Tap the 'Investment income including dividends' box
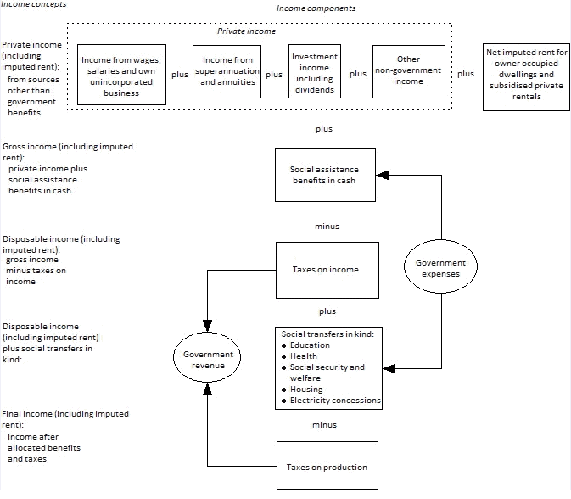(x=315, y=74)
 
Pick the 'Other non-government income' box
(x=408, y=72)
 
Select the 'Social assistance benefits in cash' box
(x=325, y=175)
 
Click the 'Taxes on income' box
(x=325, y=270)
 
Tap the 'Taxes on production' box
(x=327, y=467)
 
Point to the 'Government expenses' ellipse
(x=440, y=268)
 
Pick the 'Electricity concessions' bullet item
(x=334, y=401)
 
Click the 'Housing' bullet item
(x=305, y=390)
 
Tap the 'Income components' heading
(x=316, y=8)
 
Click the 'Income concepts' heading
(x=33, y=5)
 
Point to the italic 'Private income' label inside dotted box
(x=246, y=31)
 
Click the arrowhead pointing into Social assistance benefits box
(x=382, y=175)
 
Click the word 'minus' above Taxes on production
(x=324, y=424)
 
